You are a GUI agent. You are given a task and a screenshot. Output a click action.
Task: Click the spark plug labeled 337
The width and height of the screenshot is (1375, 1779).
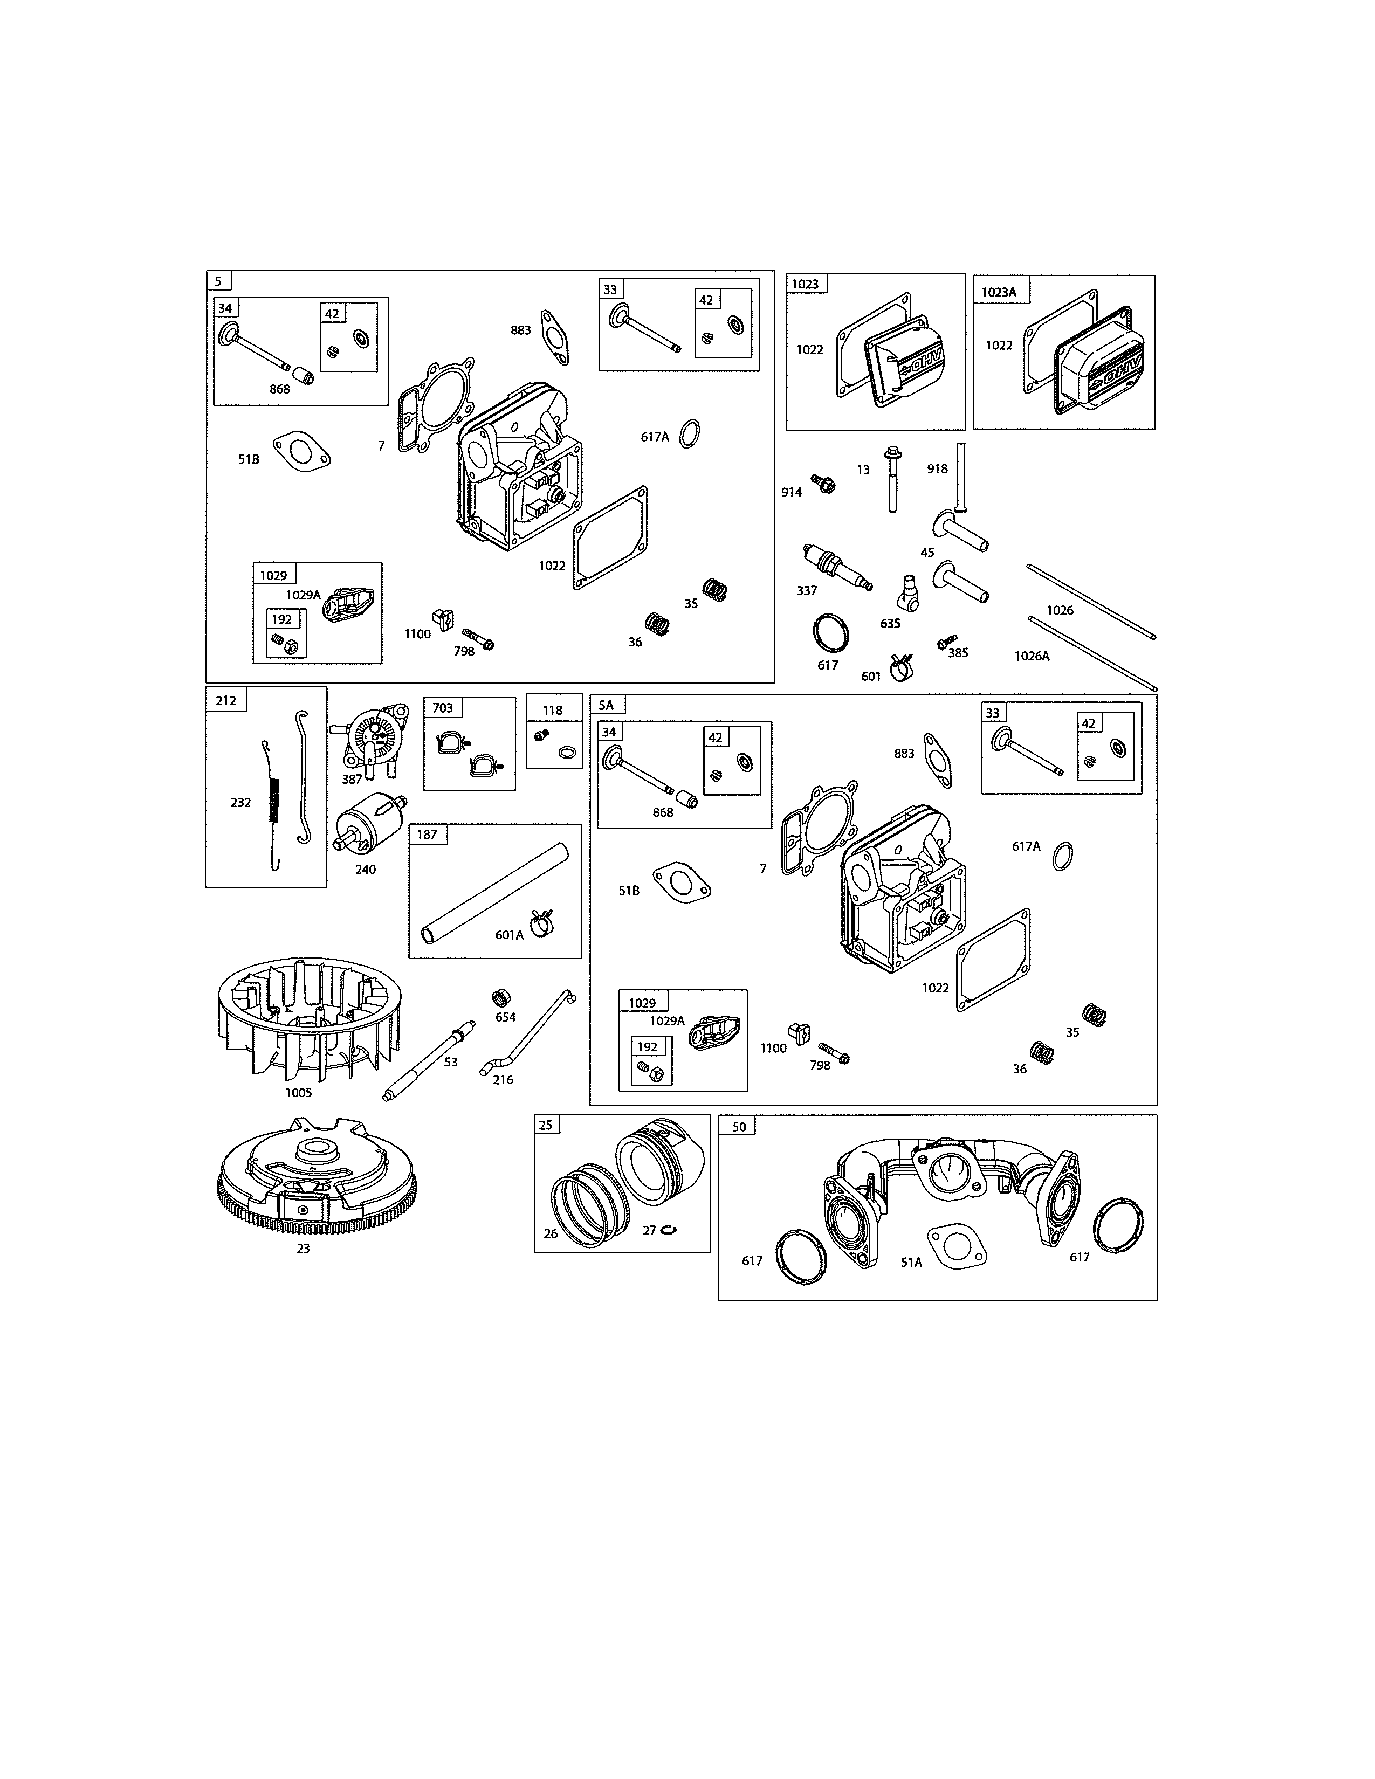[x=836, y=566]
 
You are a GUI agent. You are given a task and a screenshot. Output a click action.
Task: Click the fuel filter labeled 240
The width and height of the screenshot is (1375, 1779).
[x=370, y=823]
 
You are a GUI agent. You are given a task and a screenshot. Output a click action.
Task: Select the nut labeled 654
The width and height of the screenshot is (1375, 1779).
[x=503, y=998]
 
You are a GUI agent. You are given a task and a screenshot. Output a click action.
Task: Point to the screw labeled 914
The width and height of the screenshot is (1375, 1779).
[x=823, y=485]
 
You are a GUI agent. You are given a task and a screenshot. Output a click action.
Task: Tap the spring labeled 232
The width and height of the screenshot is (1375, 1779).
[x=273, y=802]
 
